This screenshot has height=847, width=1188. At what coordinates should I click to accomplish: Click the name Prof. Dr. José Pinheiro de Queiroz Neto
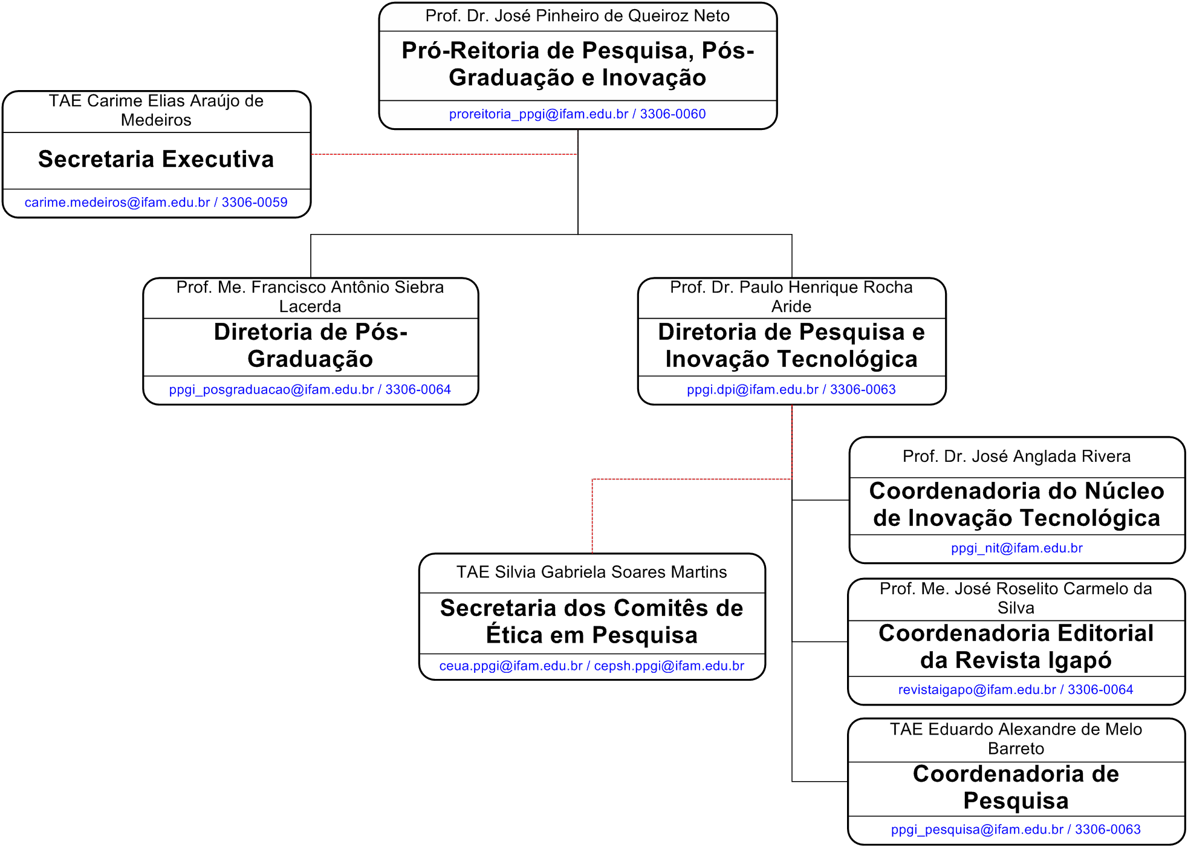click(x=577, y=16)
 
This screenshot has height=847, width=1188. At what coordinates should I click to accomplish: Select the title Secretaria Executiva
click(x=156, y=159)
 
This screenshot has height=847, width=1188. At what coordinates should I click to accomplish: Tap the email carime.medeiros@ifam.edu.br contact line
click(x=156, y=202)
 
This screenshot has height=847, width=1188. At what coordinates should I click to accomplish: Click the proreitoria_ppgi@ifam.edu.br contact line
click(x=577, y=114)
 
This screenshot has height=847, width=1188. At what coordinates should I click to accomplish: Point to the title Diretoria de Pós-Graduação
click(x=311, y=345)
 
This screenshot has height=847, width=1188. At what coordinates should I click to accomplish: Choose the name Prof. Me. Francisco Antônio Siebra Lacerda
click(x=310, y=296)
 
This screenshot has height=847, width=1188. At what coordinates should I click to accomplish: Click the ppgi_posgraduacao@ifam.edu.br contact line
click(x=310, y=389)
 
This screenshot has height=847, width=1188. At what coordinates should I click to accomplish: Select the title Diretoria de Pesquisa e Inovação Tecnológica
click(x=791, y=345)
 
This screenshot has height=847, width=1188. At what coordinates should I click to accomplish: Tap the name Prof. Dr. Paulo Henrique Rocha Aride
click(x=791, y=296)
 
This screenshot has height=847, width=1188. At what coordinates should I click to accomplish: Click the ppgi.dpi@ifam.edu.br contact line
click(x=791, y=389)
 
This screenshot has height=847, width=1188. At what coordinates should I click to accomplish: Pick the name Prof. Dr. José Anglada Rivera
click(x=1016, y=456)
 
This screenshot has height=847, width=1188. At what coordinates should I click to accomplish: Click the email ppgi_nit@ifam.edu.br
click(x=1017, y=548)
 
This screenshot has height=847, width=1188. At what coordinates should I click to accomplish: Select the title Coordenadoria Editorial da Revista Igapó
click(x=1016, y=646)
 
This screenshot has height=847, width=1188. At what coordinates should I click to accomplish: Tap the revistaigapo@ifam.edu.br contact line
click(x=1016, y=689)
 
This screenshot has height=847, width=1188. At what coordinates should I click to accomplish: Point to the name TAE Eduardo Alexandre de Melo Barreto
click(x=1016, y=739)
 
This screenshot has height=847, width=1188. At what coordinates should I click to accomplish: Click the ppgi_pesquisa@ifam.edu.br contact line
click(x=1016, y=829)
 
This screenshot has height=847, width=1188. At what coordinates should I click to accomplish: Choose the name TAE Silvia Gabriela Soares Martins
click(x=592, y=572)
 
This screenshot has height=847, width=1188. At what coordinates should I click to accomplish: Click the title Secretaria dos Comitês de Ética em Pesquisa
click(x=592, y=621)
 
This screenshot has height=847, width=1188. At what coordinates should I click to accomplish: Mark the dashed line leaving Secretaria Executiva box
click(x=444, y=154)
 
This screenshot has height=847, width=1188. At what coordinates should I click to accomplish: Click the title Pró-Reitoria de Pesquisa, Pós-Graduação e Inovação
click(x=578, y=64)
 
